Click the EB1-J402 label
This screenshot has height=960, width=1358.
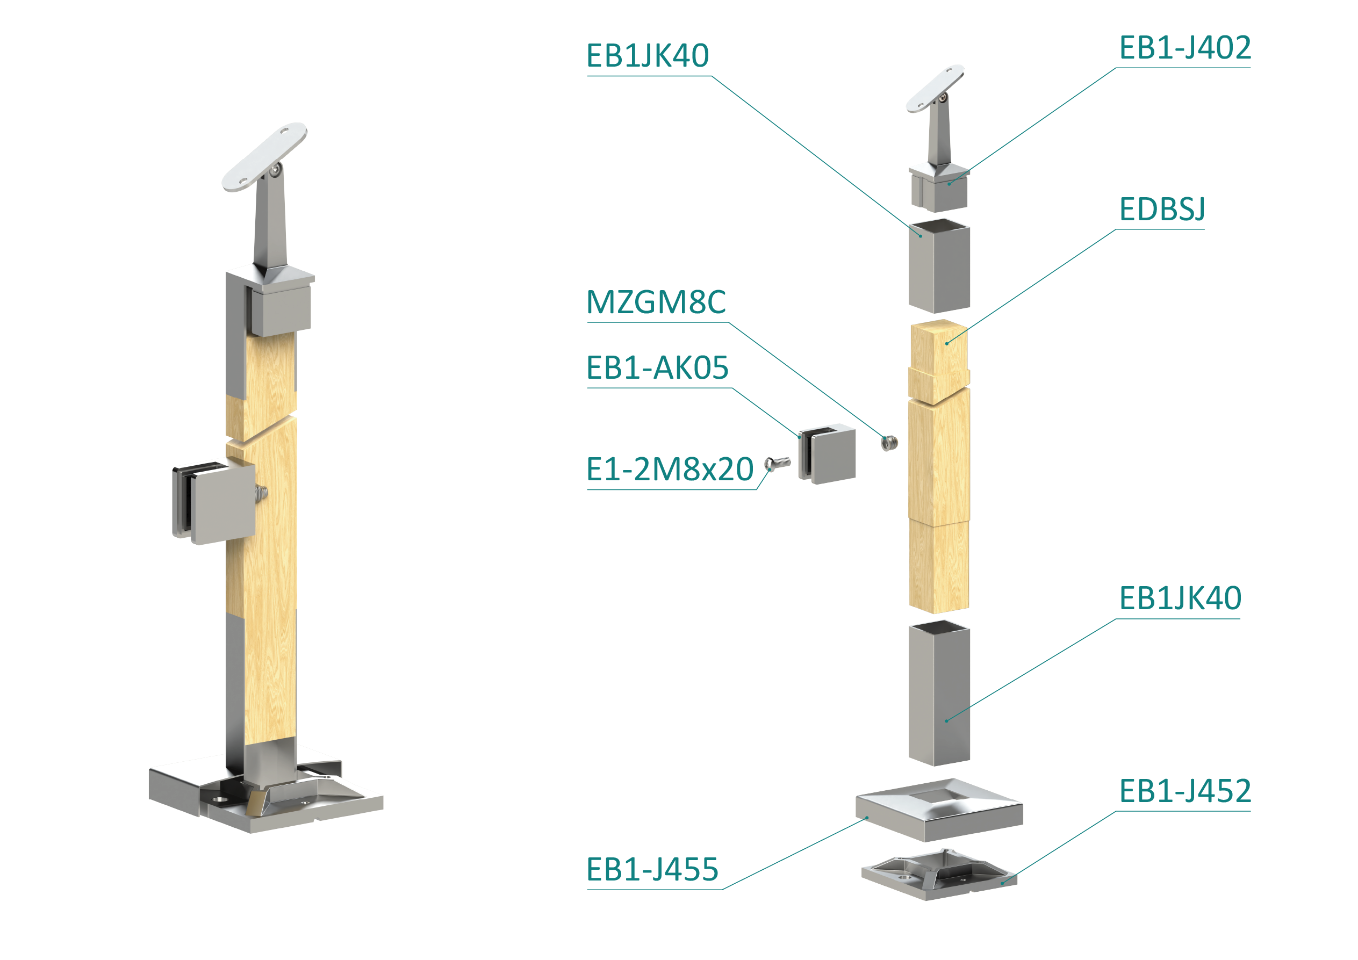pyautogui.click(x=1185, y=48)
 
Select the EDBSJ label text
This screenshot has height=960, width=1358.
pyautogui.click(x=1162, y=210)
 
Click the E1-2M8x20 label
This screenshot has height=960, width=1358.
pyautogui.click(x=670, y=470)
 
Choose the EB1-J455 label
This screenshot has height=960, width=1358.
pyautogui.click(x=652, y=870)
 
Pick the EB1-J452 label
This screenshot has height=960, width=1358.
pyautogui.click(x=1185, y=791)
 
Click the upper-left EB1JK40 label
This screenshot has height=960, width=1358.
pyautogui.click(x=648, y=55)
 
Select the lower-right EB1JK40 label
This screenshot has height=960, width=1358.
pyautogui.click(x=1180, y=598)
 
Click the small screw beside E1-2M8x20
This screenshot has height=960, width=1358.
pyautogui.click(x=777, y=464)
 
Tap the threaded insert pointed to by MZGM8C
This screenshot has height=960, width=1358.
pyautogui.click(x=889, y=443)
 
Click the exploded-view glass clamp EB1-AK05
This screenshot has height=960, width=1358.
pyautogui.click(x=827, y=453)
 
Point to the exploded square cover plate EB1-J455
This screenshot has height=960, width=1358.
pyautogui.click(x=939, y=809)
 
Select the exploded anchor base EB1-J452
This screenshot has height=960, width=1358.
pyautogui.click(x=939, y=874)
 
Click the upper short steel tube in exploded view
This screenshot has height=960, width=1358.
pyautogui.click(x=939, y=265)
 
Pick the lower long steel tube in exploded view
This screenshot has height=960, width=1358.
pyautogui.click(x=939, y=693)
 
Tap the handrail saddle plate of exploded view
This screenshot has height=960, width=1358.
pyautogui.click(x=935, y=88)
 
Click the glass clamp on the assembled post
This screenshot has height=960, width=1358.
pyautogui.click(x=214, y=503)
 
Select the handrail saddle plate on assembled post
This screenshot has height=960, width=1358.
pyautogui.click(x=264, y=157)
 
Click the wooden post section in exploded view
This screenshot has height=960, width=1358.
pyautogui.click(x=939, y=466)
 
